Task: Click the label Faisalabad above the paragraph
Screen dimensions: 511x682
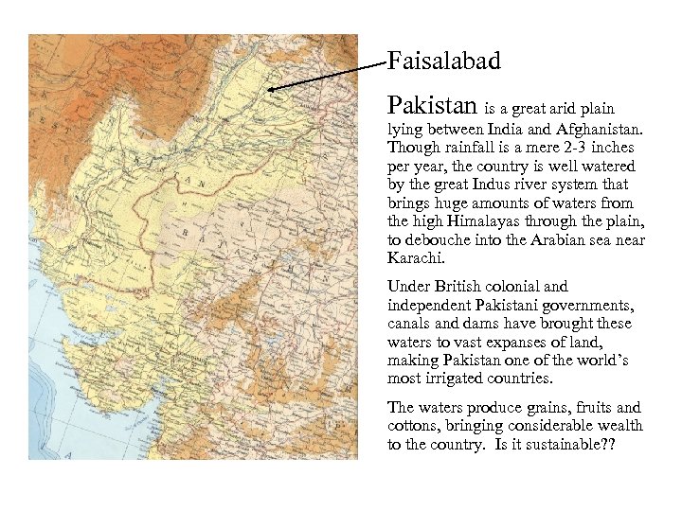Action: (x=443, y=62)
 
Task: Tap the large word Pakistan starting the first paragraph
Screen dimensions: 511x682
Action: (x=434, y=103)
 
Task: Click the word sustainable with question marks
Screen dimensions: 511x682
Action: (x=567, y=444)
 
